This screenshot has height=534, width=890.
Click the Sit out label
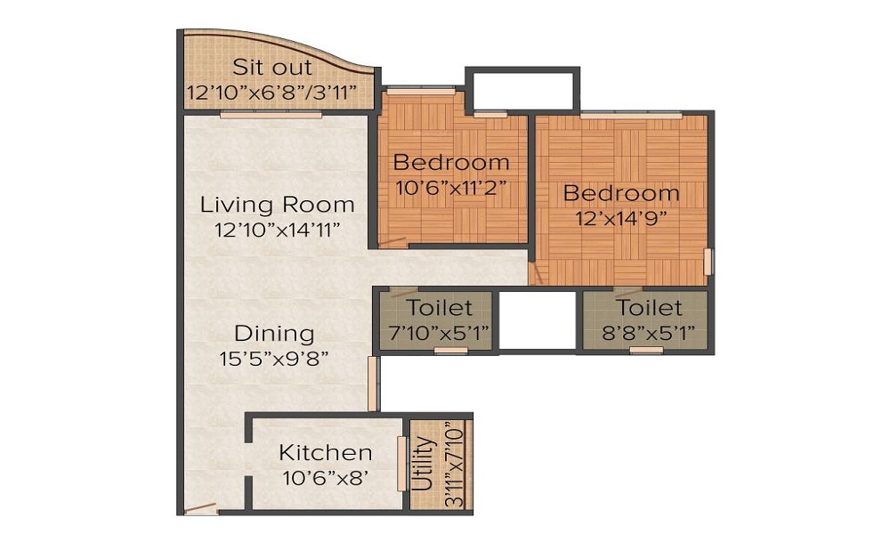(272, 68)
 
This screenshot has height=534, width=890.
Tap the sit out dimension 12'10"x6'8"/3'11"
(271, 92)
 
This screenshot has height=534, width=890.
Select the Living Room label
(278, 205)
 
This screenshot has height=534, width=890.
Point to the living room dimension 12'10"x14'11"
(278, 230)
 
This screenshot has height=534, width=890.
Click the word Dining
(274, 334)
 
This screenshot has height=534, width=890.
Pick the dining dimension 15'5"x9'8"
(274, 359)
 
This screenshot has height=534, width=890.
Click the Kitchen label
(326, 453)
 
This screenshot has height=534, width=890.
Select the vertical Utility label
(423, 464)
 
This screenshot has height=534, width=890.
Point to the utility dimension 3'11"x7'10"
(455, 465)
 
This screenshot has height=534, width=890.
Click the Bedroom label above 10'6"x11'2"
(451, 162)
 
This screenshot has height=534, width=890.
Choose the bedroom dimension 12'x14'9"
(621, 218)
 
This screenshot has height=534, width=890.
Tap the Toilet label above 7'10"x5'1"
(440, 308)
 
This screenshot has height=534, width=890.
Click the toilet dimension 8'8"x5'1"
(648, 333)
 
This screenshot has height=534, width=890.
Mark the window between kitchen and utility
(402, 464)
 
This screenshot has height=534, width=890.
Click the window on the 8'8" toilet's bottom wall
(646, 350)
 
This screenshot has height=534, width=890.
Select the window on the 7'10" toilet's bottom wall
(450, 351)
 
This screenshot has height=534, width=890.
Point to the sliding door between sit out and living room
(271, 115)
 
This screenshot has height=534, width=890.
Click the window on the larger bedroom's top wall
(631, 115)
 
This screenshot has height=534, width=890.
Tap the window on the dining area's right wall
(373, 384)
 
